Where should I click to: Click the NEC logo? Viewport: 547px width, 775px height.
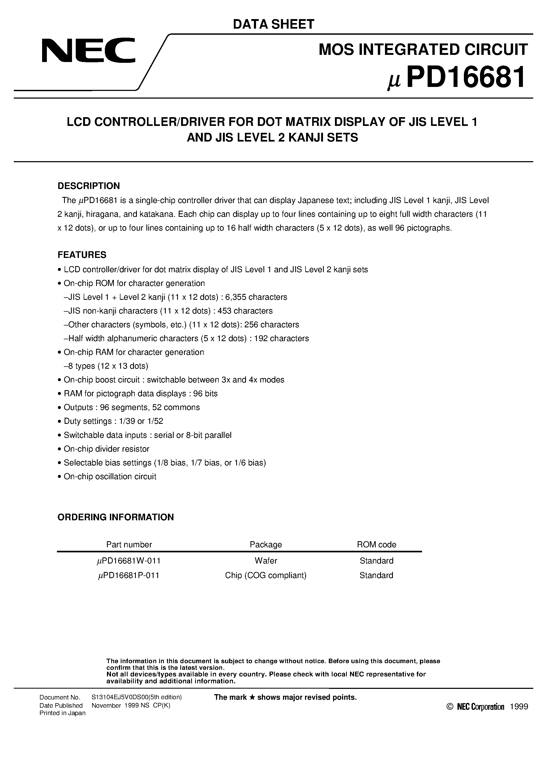pyautogui.click(x=88, y=51)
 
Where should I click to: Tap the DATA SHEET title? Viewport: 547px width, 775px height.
pyautogui.click(x=273, y=24)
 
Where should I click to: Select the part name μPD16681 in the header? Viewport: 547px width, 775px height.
pyautogui.click(x=457, y=78)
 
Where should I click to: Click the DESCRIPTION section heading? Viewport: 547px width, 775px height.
pyautogui.click(x=89, y=186)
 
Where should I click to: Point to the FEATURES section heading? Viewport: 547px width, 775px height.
pyautogui.click(x=82, y=255)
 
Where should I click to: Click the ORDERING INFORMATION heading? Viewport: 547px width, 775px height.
pyautogui.click(x=116, y=517)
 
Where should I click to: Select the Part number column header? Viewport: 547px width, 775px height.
pyautogui.click(x=129, y=544)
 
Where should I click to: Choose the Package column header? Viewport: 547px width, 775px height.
pyautogui.click(x=266, y=544)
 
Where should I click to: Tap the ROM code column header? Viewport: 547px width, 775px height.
pyautogui.click(x=376, y=544)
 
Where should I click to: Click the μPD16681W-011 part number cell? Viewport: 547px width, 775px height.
pyautogui.click(x=128, y=561)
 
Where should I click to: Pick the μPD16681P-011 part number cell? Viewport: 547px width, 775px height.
pyautogui.click(x=128, y=575)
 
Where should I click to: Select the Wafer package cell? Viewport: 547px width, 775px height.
pyautogui.click(x=266, y=561)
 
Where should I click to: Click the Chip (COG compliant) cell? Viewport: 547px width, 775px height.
pyautogui.click(x=266, y=575)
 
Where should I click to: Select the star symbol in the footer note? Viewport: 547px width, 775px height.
pyautogui.click(x=252, y=697)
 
